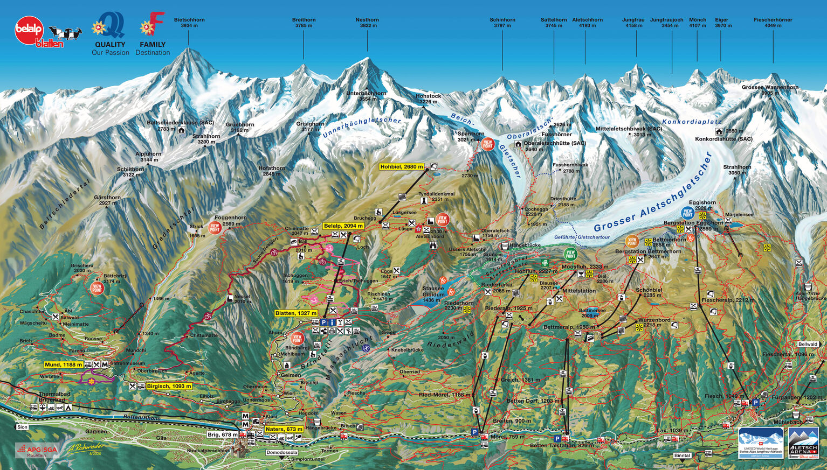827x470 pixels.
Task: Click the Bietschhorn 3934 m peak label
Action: (x=189, y=23)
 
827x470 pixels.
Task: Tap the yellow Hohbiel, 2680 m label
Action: (x=402, y=167)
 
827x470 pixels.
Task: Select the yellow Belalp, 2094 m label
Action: (x=343, y=226)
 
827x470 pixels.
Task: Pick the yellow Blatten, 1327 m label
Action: (x=296, y=313)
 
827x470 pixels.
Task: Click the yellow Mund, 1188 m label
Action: (x=64, y=364)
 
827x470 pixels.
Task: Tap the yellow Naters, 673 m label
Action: (x=284, y=429)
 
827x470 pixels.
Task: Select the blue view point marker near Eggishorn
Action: (x=687, y=212)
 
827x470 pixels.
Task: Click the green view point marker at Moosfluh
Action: (x=570, y=254)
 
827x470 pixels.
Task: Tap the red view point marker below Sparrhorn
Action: (x=488, y=144)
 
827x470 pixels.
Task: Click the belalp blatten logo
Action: (x=38, y=32)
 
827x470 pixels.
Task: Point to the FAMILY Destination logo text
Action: (x=153, y=48)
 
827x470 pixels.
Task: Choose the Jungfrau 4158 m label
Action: (x=633, y=23)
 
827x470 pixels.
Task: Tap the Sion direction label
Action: (x=22, y=427)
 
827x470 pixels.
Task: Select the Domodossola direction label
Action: (x=281, y=453)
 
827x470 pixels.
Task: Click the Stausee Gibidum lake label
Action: (x=433, y=294)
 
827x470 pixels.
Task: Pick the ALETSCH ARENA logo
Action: (x=803, y=443)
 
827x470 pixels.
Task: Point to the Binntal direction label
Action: (x=682, y=455)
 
